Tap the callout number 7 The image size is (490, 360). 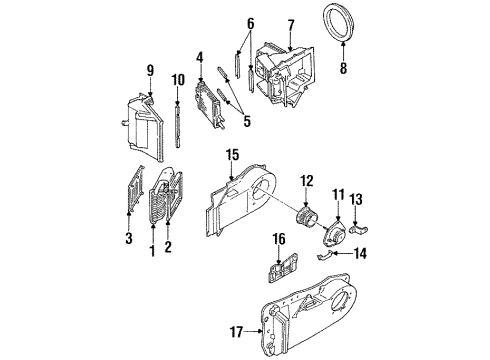click(x=289, y=25)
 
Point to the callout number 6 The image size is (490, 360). click(x=251, y=23)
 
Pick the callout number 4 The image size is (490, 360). click(x=200, y=57)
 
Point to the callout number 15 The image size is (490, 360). click(x=231, y=155)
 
